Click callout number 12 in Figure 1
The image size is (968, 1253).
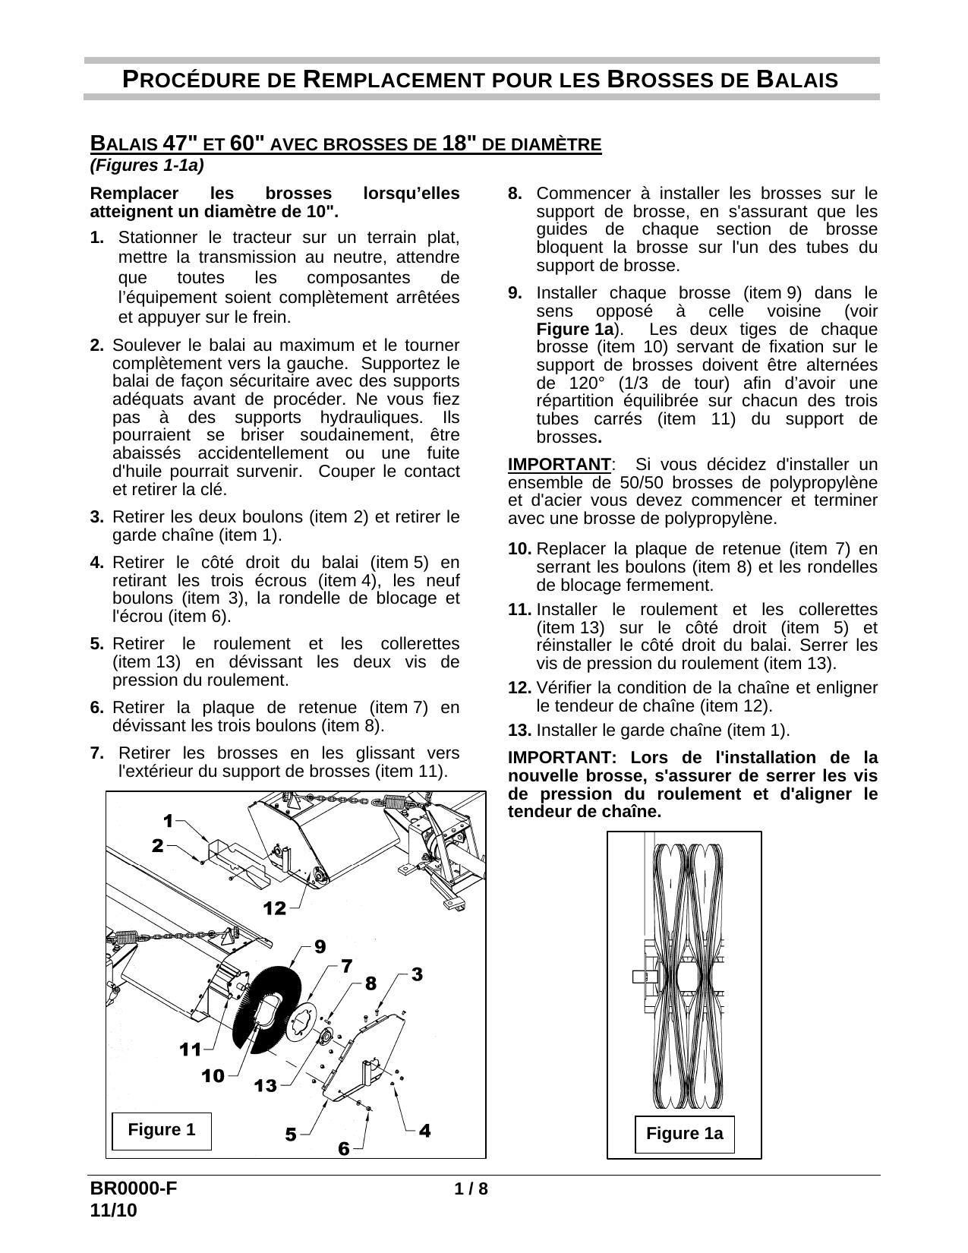275,907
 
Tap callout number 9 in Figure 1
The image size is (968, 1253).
320,946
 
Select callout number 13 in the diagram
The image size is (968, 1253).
266,1086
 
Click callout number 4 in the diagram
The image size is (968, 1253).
425,1131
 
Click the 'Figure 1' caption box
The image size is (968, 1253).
162,1130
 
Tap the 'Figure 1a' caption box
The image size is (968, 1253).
684,1134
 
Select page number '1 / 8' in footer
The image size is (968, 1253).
471,1189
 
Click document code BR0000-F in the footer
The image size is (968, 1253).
134,1189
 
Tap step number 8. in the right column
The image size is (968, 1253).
515,193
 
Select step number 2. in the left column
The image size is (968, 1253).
96,345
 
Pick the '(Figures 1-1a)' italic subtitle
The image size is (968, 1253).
148,164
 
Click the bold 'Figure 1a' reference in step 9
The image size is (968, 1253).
575,330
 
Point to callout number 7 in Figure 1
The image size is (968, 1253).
346,966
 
